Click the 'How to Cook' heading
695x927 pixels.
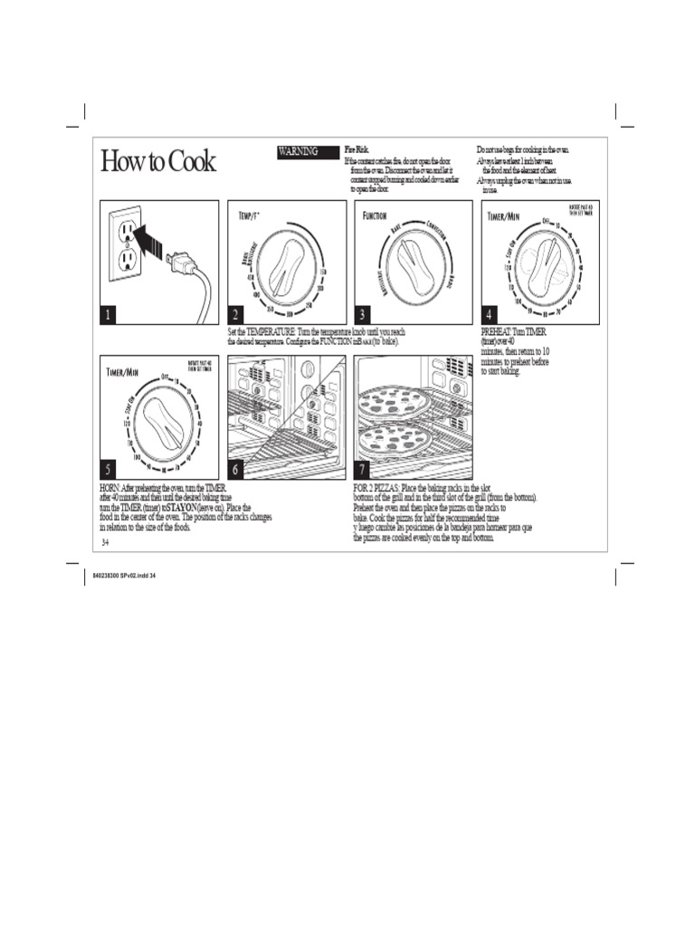pos(157,162)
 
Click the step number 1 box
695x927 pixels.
pos(109,314)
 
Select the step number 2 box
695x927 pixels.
pos(235,314)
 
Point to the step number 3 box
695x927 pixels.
pos(363,314)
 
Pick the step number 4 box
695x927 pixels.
pos(489,314)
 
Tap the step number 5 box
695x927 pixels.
pos(109,469)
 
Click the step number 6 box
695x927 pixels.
pos(236,469)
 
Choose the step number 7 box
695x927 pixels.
pos(363,469)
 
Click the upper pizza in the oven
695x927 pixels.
pos(394,402)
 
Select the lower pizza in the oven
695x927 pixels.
pos(395,439)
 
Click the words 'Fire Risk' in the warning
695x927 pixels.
pos(357,148)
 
